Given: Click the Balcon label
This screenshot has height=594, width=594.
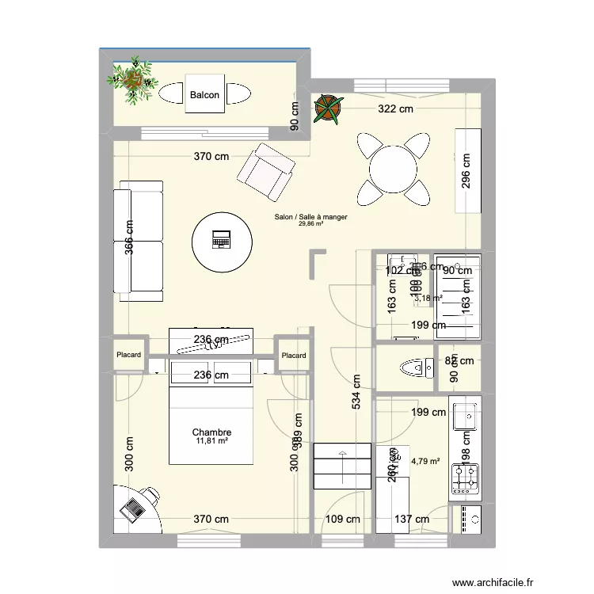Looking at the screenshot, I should pos(204,96).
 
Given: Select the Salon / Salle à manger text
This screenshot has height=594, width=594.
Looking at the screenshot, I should pos(310,216).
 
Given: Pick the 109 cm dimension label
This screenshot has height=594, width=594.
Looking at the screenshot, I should pos(343,520).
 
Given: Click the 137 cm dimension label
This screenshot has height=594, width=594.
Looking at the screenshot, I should pos(411,520).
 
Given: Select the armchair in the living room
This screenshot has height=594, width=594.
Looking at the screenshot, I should pos(267,172).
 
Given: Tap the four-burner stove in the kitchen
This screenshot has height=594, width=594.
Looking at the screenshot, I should pos(465,476).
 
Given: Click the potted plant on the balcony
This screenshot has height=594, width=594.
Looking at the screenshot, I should pos(133,78).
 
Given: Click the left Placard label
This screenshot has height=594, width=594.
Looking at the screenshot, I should pos(128,356).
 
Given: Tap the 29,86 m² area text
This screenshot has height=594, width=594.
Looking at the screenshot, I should pos(310,224).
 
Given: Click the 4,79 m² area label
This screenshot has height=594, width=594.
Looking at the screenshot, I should pos(425,460).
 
